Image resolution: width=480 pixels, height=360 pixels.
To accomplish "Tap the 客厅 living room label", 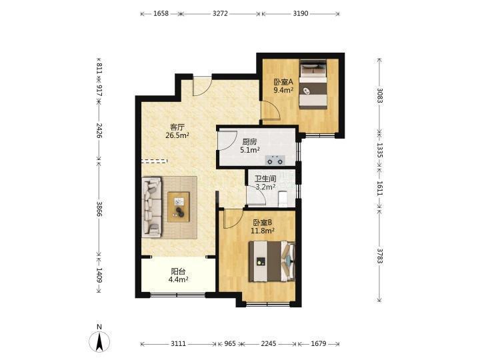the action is point(177,127).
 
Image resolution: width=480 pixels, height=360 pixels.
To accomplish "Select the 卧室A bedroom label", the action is point(283,82).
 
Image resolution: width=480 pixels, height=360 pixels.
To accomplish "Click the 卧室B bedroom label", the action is point(263,223).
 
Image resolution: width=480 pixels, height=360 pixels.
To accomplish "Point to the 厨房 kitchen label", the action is point(249,142).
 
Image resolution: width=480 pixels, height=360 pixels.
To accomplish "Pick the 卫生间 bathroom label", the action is point(265,179).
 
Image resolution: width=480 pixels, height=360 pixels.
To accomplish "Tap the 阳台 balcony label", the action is point(178,271).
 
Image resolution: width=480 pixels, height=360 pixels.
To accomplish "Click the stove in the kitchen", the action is point(275,160).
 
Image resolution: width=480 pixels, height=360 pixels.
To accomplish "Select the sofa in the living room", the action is point(152,207).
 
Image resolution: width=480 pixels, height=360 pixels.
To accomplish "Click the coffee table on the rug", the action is point(179,207).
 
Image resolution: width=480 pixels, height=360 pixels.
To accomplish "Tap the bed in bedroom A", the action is point(313,84).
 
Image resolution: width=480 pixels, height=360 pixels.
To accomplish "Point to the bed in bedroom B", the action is point(272,261).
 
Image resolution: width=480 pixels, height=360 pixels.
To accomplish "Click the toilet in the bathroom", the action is point(282,199).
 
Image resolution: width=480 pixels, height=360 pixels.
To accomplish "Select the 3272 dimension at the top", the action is point(220,13).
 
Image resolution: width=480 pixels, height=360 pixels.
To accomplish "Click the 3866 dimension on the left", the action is point(99,209).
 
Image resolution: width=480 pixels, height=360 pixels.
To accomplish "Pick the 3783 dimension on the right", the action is point(379,256).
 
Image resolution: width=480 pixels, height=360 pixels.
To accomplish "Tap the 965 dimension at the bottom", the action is point(230,344).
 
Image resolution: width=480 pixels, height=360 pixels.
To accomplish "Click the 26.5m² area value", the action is point(177,135).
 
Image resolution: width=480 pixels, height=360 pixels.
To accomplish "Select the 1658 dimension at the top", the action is point(161,13).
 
